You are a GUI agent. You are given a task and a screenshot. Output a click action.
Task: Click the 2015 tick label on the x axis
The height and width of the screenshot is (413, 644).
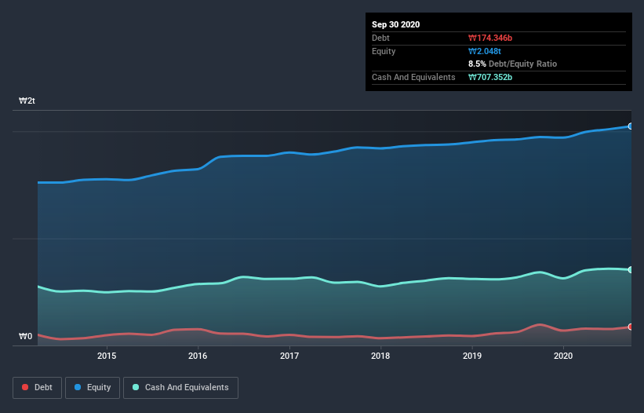(107, 356)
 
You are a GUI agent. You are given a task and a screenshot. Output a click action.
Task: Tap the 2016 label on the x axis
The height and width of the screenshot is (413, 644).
(198, 356)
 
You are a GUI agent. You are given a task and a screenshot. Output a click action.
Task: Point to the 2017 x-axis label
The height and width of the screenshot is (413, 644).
(289, 356)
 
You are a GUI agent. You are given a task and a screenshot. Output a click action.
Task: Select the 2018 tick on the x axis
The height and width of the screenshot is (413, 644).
(380, 356)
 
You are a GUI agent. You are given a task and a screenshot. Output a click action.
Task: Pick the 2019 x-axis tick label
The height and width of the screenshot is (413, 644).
(472, 356)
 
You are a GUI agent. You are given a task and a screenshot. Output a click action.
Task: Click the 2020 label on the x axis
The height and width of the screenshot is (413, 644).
(563, 356)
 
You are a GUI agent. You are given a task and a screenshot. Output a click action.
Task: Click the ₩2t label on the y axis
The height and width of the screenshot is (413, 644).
(27, 101)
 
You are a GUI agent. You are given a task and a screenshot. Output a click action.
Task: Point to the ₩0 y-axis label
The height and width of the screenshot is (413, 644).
(26, 337)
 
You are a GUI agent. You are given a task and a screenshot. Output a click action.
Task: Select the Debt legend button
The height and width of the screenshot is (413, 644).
(37, 387)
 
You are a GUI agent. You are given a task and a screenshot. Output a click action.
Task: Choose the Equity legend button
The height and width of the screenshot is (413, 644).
(92, 387)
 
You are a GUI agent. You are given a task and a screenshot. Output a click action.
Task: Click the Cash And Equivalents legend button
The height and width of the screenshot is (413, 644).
(180, 387)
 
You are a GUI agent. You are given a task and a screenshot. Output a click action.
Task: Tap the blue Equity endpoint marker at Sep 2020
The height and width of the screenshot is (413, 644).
(631, 126)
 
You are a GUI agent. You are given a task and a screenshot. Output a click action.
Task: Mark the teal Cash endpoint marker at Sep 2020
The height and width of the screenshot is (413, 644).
(631, 270)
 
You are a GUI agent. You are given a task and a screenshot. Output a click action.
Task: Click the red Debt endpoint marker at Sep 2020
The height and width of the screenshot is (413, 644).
(631, 327)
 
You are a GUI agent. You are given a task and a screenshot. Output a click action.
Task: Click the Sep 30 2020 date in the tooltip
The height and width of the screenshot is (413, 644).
(396, 24)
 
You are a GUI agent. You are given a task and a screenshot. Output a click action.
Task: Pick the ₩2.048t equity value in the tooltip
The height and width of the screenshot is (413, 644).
(485, 51)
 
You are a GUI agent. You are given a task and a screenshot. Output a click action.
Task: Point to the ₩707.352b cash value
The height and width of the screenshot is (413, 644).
(492, 77)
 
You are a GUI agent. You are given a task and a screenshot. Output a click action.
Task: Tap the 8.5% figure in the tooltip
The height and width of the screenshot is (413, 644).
(477, 64)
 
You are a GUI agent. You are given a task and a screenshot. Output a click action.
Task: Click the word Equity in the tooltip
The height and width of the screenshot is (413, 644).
(384, 51)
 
